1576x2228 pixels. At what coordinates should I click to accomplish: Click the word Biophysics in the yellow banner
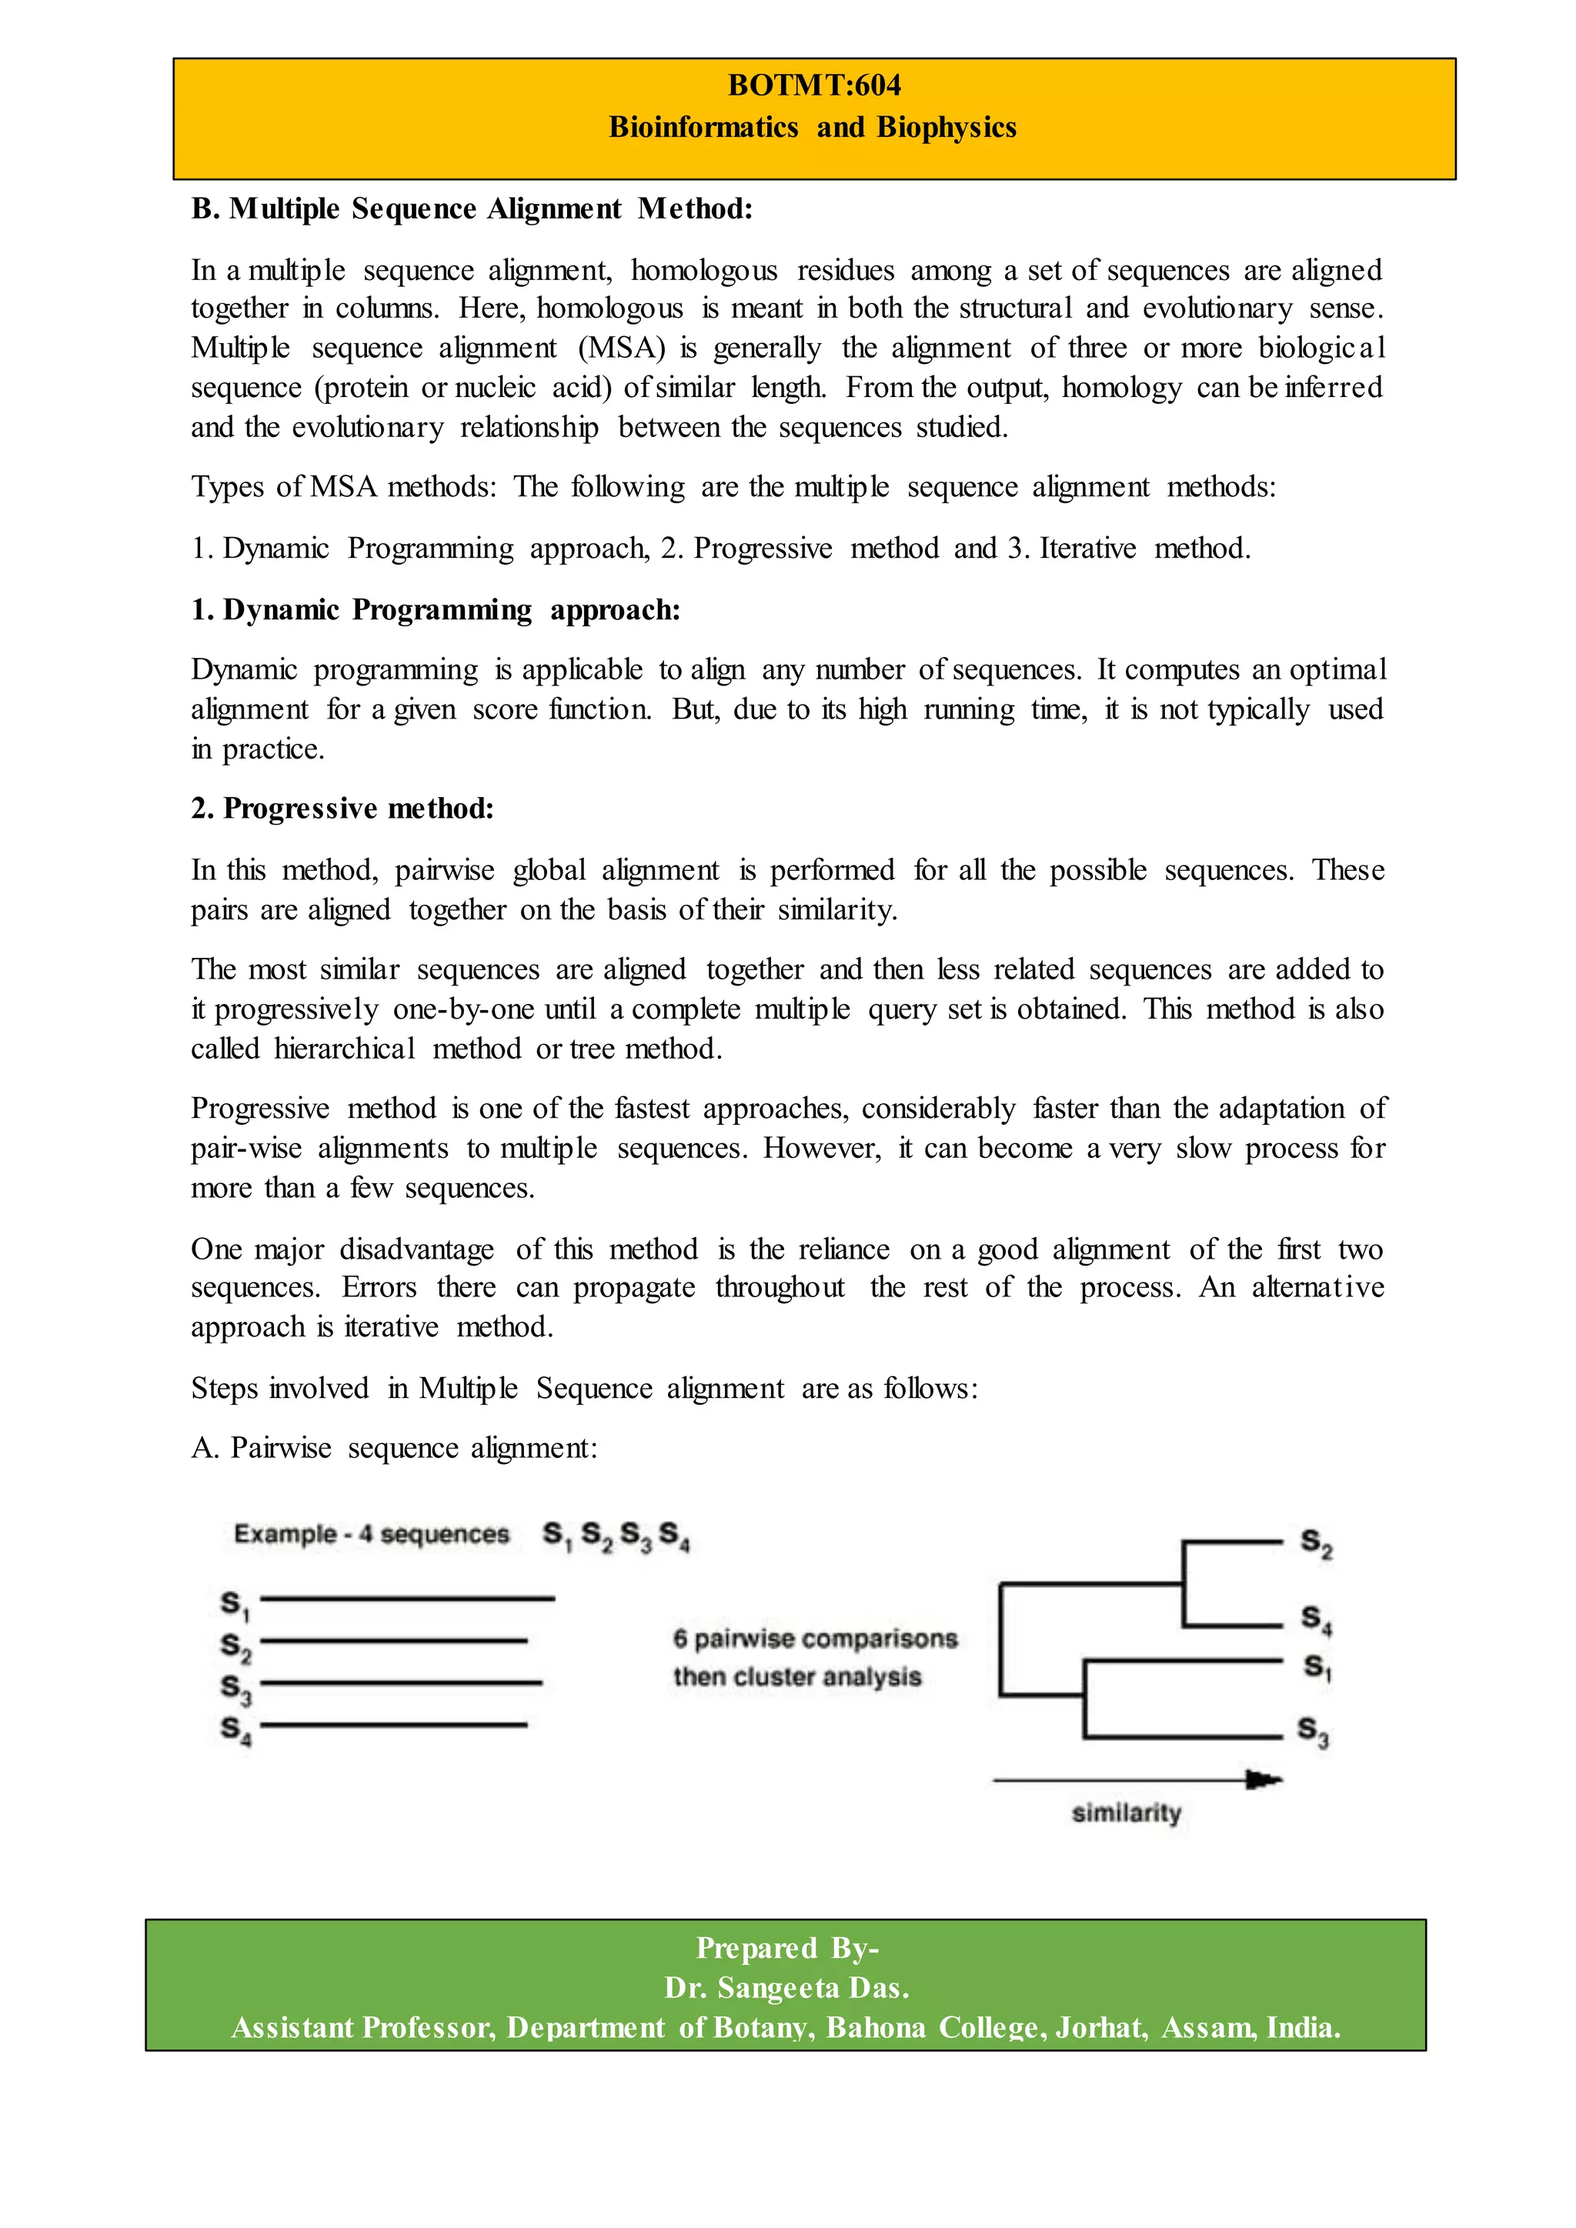click(947, 127)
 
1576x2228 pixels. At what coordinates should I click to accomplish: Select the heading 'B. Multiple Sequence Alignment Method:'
click(472, 208)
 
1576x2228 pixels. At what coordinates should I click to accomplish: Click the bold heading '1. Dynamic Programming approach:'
click(436, 609)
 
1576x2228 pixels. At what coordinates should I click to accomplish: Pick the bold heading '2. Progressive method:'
click(342, 809)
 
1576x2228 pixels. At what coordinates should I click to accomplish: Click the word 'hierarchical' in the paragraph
click(345, 1049)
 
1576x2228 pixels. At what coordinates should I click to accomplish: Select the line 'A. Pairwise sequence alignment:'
click(394, 1448)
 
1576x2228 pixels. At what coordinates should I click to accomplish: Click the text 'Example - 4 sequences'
click(372, 1534)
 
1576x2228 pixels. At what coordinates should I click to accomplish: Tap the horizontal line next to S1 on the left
click(408, 1598)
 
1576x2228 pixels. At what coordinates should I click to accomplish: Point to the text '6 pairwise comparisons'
click(815, 1639)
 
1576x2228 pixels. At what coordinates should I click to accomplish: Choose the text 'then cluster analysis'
click(796, 1677)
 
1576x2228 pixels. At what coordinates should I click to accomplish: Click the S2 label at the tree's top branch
click(1316, 1543)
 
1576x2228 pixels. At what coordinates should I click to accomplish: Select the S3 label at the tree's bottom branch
click(1313, 1731)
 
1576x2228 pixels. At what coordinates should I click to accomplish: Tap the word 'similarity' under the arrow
click(1126, 1813)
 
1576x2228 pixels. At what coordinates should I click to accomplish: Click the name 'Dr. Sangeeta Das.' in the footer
click(786, 1988)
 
